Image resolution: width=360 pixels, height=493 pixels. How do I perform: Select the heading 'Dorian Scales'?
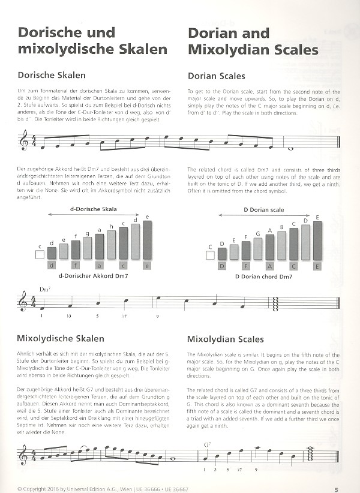point(217,76)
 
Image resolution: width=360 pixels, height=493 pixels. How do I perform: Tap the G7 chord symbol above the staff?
point(208,445)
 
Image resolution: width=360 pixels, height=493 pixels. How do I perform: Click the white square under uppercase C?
point(211,254)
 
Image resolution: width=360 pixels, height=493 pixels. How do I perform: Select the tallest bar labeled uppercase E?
point(317,240)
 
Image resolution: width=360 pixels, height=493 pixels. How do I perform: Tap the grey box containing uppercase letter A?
point(270,266)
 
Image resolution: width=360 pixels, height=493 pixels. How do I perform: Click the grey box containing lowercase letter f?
point(76,266)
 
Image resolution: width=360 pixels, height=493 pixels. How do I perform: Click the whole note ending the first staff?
point(291,149)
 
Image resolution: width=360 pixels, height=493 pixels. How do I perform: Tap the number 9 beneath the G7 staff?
point(256,471)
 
